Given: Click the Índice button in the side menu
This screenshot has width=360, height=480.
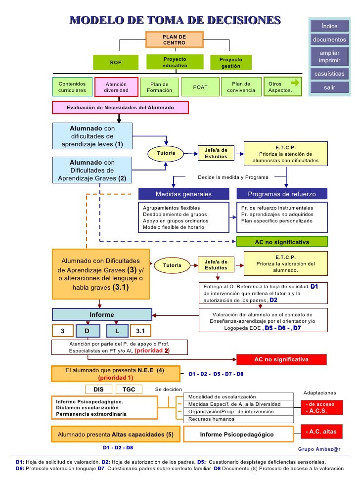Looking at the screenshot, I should click(329, 26).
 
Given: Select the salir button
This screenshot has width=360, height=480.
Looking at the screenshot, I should click(329, 87).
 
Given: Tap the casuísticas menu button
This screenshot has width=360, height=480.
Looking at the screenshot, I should click(329, 74).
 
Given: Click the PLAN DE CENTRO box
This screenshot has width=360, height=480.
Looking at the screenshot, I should click(175, 40).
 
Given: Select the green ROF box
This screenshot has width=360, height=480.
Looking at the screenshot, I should click(115, 62).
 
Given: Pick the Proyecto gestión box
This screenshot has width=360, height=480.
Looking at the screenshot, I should click(230, 62).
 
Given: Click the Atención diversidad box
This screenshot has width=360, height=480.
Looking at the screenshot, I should click(116, 87).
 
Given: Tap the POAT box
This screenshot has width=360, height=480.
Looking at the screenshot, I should click(200, 87).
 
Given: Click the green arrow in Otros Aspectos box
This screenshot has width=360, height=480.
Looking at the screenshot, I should click(295, 83).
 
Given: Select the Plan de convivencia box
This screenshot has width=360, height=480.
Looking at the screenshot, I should click(241, 87).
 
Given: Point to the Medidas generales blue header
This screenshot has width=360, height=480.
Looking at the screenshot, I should click(183, 194).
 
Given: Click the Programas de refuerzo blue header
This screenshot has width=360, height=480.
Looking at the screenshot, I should click(281, 194).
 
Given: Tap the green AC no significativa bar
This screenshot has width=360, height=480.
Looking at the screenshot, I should click(281, 242).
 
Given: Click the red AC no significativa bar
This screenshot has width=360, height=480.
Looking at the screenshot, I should click(281, 359).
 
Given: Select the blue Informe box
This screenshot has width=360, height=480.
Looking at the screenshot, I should click(102, 315).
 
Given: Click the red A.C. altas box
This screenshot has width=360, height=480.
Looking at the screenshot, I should click(321, 432).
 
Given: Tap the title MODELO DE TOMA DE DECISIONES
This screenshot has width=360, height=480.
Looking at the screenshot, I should click(175, 20).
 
